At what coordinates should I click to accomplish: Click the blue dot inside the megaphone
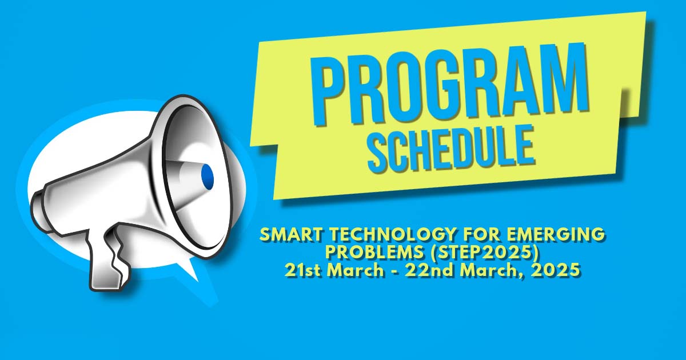pos(207,177)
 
